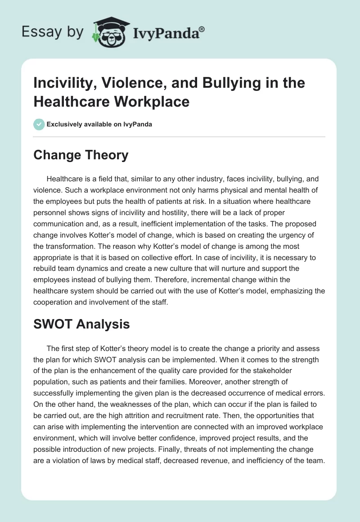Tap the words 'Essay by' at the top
(53, 32)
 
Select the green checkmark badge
(39, 124)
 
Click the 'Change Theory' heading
(81, 155)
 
